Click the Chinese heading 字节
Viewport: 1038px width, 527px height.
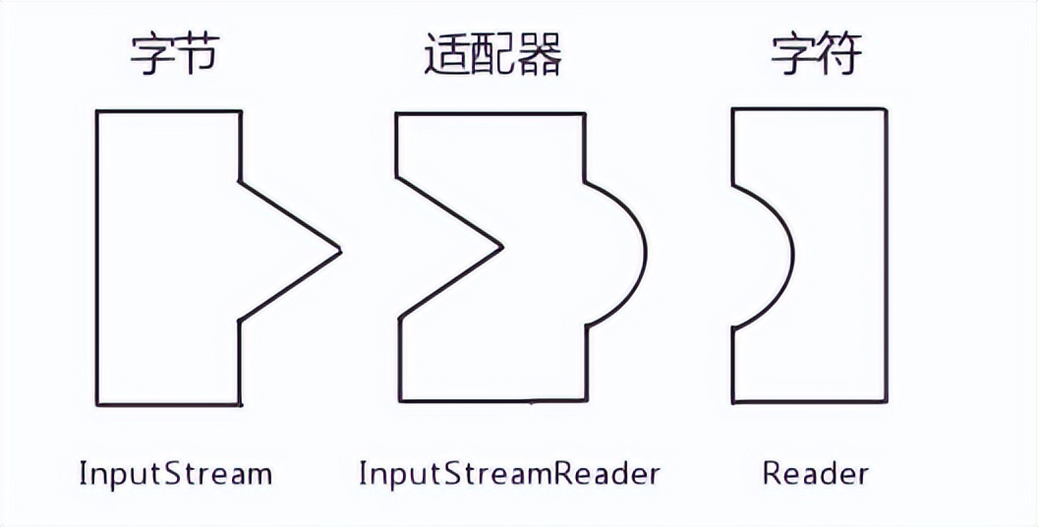pos(174,57)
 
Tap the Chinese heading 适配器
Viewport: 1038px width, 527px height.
pos(493,57)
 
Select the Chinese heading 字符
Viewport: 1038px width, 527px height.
pos(815,57)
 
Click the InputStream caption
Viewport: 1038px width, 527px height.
pos(176,474)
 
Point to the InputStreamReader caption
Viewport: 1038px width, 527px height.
pos(508,474)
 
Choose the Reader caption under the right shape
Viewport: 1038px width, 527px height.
pos(815,474)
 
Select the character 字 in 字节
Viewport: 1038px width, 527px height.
pos(151,57)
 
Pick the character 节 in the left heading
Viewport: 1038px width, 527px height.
pos(198,57)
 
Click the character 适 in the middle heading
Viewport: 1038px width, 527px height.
pos(447,57)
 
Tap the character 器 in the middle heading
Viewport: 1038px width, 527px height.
pos(540,57)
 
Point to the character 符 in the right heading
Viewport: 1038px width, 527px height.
pos(838,57)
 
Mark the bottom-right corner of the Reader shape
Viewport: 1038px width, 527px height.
pos(886,401)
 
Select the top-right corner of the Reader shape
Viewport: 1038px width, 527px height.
pos(886,108)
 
